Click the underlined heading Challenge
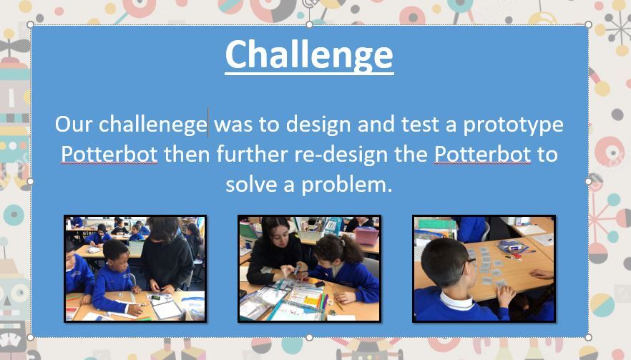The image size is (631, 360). coord(309,55)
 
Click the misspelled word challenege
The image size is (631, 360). coord(153,125)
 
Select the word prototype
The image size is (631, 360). coord(513,125)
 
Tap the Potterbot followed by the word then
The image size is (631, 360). coord(109,154)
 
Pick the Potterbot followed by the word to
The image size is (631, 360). coord(482,154)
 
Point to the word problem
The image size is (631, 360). coord(346,185)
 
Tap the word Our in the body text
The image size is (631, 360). coord(74,124)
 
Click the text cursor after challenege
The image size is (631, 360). coord(208,123)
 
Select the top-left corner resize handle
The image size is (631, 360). coord(30,24)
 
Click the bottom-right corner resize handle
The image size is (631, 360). coord(588,337)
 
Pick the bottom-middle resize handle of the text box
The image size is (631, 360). coord(309,337)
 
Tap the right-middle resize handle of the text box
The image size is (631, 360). coord(588,181)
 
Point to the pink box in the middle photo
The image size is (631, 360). coord(366,235)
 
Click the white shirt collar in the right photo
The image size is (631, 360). coord(456,301)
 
